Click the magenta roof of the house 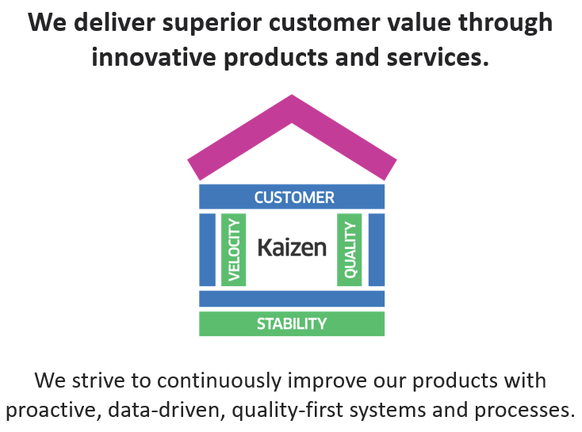pos(292,111)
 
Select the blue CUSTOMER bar pos(292,197)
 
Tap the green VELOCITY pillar pos(233,250)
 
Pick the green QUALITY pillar pos(349,250)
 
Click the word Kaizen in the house pos(292,247)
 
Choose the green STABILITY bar pos(292,323)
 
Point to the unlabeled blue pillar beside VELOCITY pos(207,250)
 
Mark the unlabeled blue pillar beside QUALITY pos(377,250)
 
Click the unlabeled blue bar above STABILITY pos(292,299)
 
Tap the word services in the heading pos(438,58)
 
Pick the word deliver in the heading pos(114,22)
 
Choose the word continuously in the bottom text pos(220,381)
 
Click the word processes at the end pos(524,411)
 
